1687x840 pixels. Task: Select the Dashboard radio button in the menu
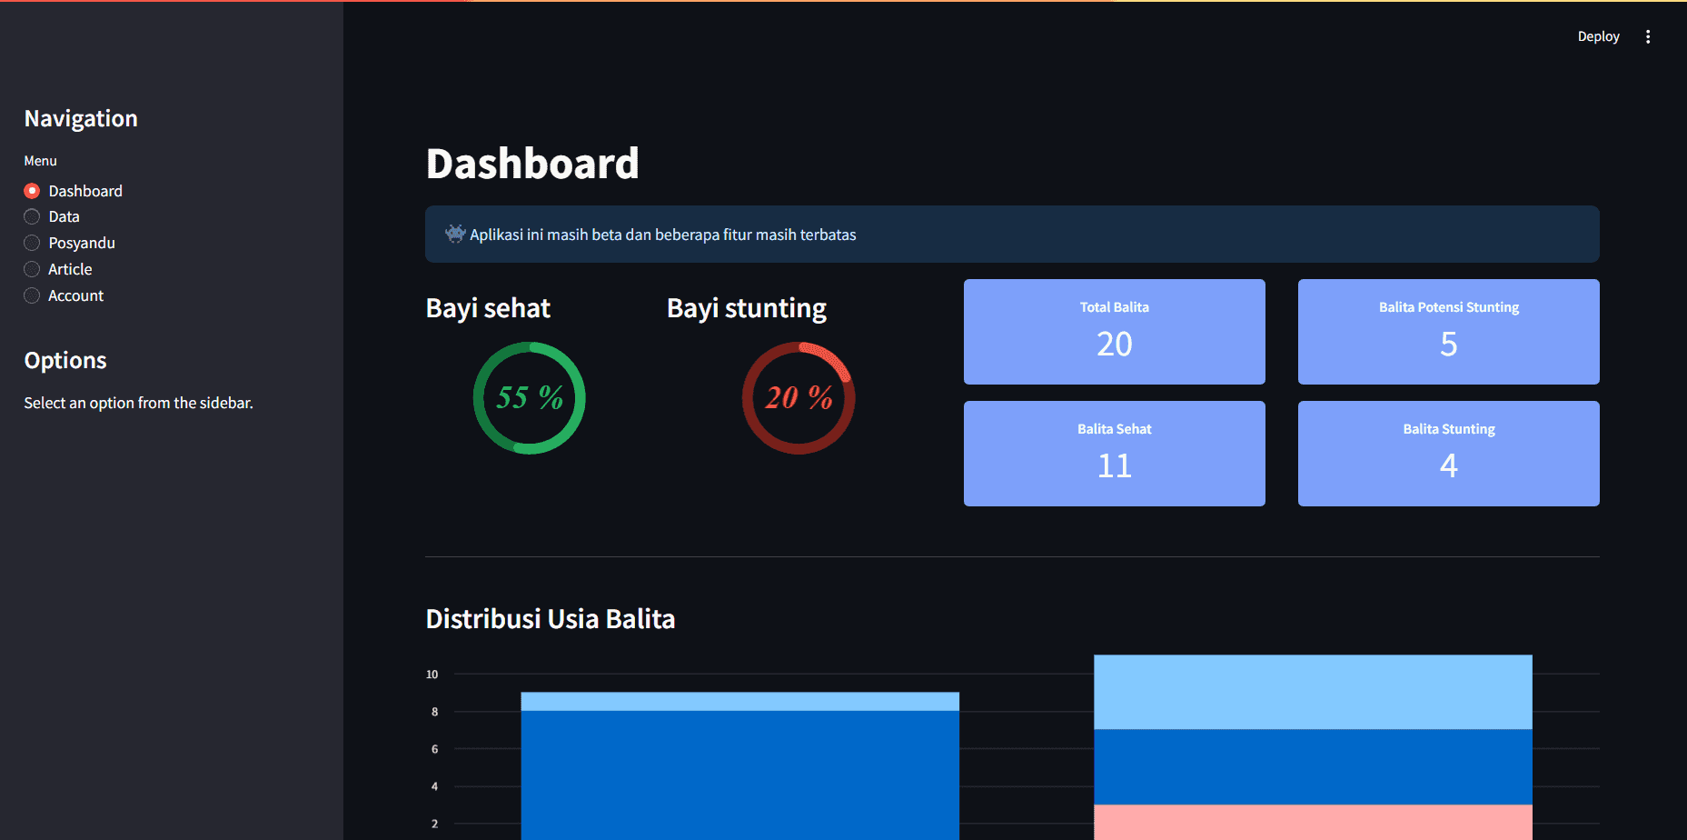(32, 191)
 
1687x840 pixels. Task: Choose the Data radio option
(32, 217)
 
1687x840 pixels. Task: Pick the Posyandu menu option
(32, 243)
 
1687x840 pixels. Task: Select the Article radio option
(32, 269)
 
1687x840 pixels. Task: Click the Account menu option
(32, 295)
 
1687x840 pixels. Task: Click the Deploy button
(1598, 36)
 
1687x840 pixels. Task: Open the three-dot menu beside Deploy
(1648, 36)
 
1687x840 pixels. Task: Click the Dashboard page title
(532, 164)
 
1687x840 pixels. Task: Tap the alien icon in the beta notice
(455, 234)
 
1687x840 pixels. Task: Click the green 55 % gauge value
(530, 397)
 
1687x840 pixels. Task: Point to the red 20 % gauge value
(799, 397)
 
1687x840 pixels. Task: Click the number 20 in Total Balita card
(1114, 344)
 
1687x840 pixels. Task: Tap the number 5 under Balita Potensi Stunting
(1448, 344)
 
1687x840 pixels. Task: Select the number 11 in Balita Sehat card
(1114, 465)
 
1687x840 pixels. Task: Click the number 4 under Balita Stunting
(1448, 465)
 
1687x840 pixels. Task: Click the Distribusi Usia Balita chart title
(551, 619)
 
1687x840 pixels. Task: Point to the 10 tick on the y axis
(432, 675)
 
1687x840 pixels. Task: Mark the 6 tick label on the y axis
(434, 749)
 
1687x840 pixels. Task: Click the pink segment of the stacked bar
(1313, 822)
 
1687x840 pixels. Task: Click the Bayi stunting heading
(747, 308)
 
